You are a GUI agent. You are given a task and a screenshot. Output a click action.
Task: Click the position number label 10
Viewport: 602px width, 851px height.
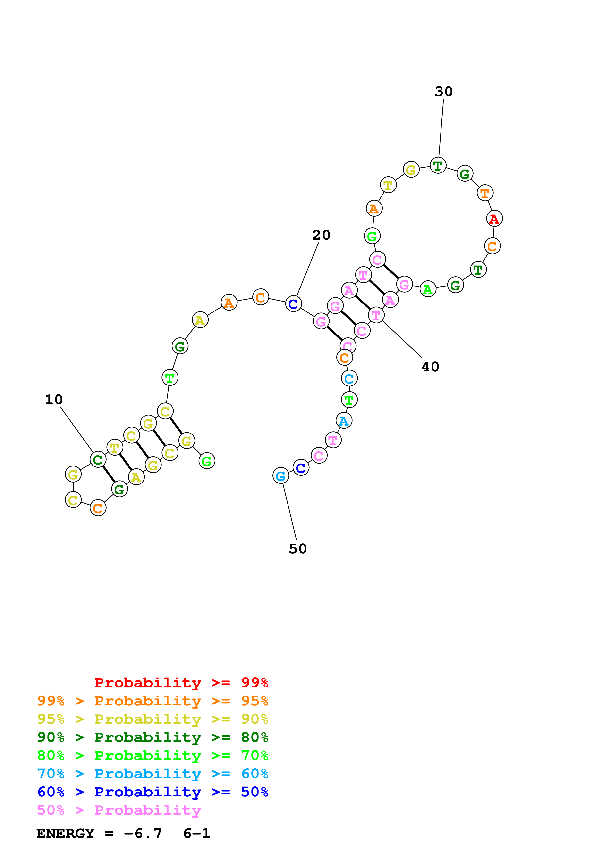point(54,400)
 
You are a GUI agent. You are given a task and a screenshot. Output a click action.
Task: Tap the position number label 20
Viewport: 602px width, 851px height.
point(321,235)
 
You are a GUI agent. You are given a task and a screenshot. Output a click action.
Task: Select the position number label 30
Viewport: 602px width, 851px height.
point(444,91)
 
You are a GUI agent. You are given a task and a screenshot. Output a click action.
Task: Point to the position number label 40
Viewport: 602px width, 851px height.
point(430,367)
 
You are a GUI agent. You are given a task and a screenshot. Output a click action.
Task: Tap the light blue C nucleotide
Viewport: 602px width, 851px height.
point(349,378)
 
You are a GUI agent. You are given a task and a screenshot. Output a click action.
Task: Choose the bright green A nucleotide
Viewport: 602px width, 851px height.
point(428,289)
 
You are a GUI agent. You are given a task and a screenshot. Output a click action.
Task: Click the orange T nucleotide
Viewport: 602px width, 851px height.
point(485,193)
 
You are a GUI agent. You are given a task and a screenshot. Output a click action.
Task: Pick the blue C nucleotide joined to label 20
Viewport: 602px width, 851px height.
point(293,304)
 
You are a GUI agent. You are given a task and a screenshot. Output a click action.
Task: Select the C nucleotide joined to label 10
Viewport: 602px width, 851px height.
point(98,460)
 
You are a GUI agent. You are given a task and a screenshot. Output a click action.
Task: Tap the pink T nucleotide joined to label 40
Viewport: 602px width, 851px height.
point(376,315)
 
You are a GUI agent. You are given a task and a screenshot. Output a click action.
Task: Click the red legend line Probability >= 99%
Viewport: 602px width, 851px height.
point(181,683)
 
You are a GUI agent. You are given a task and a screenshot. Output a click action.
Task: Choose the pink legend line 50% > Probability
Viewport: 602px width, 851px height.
point(119,810)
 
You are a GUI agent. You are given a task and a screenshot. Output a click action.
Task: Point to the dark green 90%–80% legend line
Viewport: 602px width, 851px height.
point(153,737)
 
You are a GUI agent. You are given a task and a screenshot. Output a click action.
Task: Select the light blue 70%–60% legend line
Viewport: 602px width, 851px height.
point(153,774)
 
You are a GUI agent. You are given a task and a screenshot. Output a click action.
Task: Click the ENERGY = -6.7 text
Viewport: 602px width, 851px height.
point(99,833)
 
